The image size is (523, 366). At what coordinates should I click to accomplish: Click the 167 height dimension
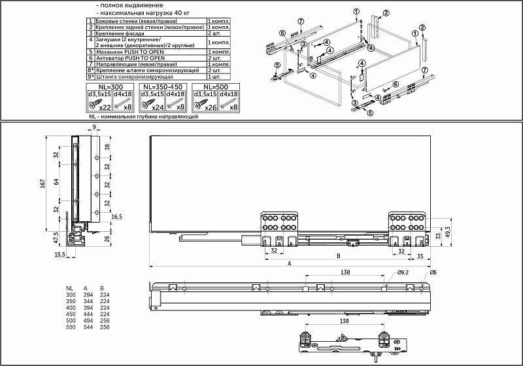click(42, 185)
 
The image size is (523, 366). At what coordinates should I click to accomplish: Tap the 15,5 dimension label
click(59, 255)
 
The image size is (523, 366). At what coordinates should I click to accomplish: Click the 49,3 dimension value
click(448, 233)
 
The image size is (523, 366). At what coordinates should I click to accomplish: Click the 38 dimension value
click(107, 147)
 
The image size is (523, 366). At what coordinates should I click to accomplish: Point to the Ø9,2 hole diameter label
click(403, 271)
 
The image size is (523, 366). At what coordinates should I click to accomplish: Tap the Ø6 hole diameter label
click(433, 271)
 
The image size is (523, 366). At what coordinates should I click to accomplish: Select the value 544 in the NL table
click(85, 326)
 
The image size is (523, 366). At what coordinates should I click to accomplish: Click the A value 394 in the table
click(85, 306)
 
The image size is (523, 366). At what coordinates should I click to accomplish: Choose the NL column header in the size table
click(69, 287)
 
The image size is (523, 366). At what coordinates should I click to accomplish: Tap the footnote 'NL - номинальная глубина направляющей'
click(142, 116)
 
